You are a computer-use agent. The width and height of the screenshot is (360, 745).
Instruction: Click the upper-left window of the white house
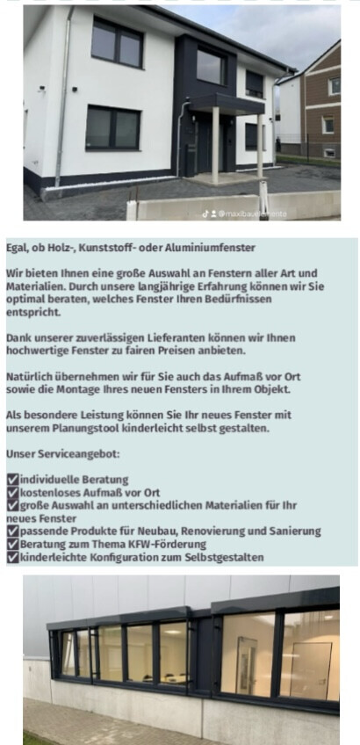116,43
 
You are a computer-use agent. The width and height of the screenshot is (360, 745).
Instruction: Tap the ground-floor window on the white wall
112,127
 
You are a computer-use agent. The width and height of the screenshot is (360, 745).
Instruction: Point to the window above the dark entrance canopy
211,67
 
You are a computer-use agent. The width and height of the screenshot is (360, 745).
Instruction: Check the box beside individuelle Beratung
12,480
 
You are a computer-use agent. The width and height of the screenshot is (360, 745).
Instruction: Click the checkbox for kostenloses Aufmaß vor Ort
12,493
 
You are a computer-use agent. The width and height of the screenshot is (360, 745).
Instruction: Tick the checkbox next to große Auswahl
12,505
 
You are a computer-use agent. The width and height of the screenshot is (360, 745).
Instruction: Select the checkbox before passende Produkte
12,532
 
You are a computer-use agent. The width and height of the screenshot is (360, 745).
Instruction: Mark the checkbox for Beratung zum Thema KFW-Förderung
12,544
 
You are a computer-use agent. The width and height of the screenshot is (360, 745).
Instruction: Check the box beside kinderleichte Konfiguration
12,557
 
